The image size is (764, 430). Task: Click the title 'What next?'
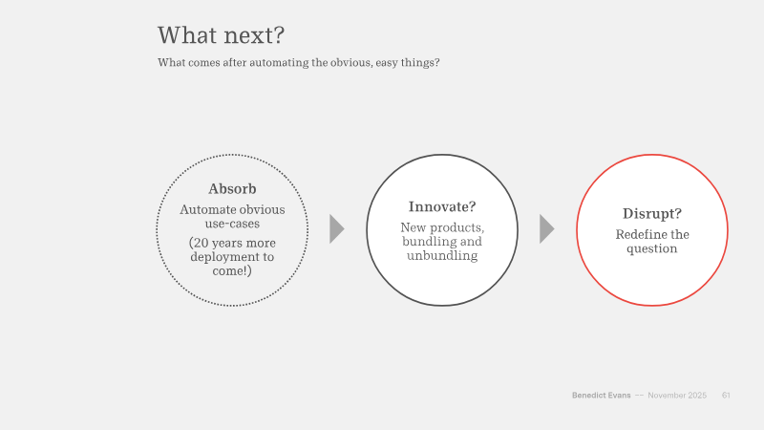pos(221,35)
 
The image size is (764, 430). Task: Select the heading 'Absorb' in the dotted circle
pos(232,188)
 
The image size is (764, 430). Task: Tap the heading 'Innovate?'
pos(442,207)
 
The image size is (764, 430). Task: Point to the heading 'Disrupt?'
pos(652,214)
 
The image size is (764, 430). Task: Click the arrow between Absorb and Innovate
pos(336,228)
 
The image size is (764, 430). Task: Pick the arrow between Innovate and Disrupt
pos(546,228)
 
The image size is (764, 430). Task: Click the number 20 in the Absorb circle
pos(200,243)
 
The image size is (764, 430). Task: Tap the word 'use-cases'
pos(232,224)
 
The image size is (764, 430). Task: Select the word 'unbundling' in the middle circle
pos(442,255)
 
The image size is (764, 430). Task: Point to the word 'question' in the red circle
pos(652,249)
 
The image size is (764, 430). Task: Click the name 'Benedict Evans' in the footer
pos(602,396)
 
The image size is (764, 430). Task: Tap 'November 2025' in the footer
pos(677,396)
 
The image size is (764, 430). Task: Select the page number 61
pos(726,396)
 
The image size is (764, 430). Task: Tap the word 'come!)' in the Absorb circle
pos(232,270)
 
